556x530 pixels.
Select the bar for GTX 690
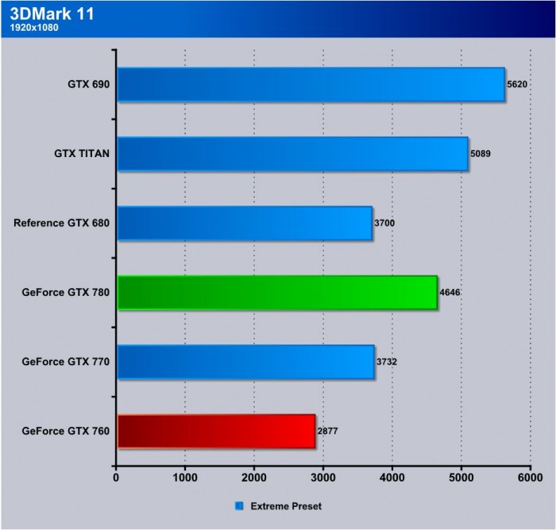tap(311, 85)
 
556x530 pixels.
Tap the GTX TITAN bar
tap(292, 154)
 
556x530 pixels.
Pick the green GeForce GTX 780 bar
tap(277, 292)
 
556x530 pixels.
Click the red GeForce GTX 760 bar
tap(216, 431)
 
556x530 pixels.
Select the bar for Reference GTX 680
tap(245, 223)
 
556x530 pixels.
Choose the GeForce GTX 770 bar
tap(245, 362)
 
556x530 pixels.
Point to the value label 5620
tap(517, 85)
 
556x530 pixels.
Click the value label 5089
tap(481, 154)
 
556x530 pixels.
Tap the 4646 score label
tap(450, 293)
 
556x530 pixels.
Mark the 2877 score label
tap(328, 431)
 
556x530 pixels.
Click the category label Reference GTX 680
tap(61, 223)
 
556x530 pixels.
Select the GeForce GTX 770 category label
tap(66, 362)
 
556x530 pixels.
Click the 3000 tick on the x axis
tap(323, 478)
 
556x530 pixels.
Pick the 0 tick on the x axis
tap(117, 478)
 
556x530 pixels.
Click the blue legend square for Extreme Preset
tap(239, 505)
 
